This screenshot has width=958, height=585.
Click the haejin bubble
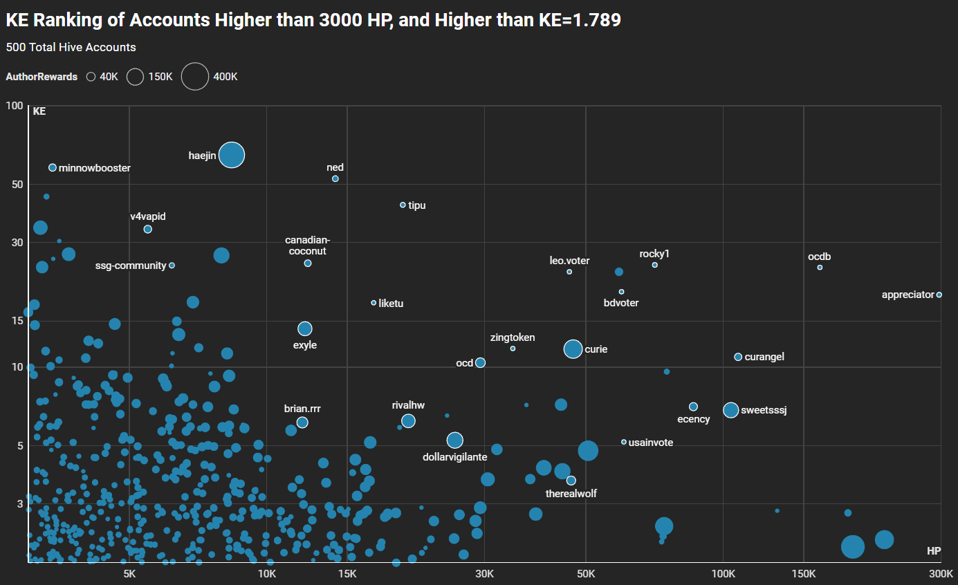click(232, 155)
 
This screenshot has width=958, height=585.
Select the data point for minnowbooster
click(53, 167)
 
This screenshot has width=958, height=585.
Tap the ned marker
click(335, 178)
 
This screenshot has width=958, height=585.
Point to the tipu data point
click(403, 205)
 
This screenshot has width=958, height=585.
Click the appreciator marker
click(939, 295)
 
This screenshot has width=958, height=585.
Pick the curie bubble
click(573, 349)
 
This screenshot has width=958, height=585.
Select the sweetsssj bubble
click(730, 410)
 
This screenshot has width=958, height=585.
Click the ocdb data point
click(820, 267)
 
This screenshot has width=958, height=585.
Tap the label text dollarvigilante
click(455, 457)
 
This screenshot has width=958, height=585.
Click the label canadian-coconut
click(308, 245)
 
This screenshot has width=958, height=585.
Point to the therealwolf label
click(571, 494)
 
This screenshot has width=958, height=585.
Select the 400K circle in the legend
click(195, 77)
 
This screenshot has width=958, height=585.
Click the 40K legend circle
click(91, 77)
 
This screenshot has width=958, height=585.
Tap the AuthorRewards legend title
click(42, 77)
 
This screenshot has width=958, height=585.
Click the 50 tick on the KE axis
click(13, 184)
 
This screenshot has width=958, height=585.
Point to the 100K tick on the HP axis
click(723, 573)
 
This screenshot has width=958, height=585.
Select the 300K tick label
click(941, 573)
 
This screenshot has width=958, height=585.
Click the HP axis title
click(933, 551)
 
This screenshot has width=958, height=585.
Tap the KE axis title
click(39, 111)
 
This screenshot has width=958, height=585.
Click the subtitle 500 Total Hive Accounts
click(71, 47)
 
